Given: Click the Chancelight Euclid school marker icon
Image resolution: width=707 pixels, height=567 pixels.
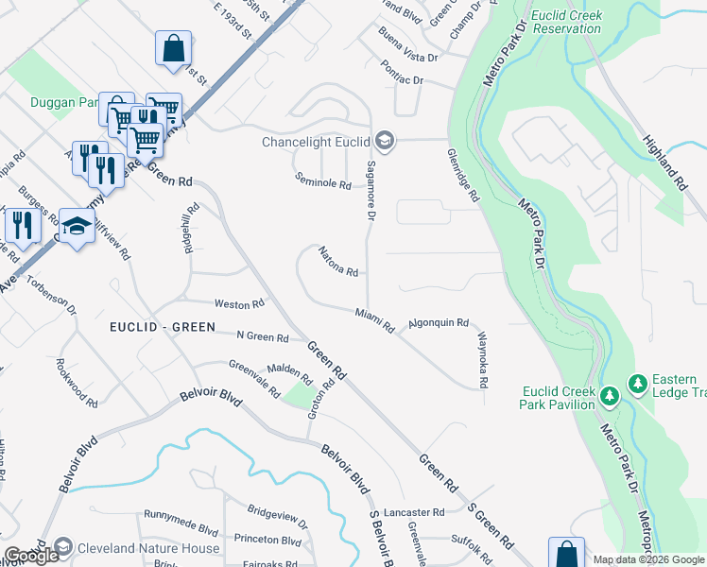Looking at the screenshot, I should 384,143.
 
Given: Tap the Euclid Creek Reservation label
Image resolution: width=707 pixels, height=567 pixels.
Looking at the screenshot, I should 567,22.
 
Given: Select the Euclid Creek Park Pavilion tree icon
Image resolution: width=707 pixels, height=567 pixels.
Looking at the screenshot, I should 611,392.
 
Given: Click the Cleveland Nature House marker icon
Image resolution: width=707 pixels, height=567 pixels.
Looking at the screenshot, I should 63,547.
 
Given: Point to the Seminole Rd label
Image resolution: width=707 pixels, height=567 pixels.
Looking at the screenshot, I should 322,181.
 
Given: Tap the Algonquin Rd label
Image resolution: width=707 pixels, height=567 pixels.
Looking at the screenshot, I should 438,323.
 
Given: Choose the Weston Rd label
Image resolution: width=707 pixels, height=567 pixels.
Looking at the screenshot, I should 238,304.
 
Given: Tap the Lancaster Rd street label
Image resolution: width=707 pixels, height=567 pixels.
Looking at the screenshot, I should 412,512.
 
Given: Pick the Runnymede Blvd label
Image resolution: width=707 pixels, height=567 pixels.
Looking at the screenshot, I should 181,515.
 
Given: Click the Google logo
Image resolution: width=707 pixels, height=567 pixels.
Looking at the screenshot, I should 31,556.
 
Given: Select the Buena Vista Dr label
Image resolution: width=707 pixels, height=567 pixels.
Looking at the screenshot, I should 408,44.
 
